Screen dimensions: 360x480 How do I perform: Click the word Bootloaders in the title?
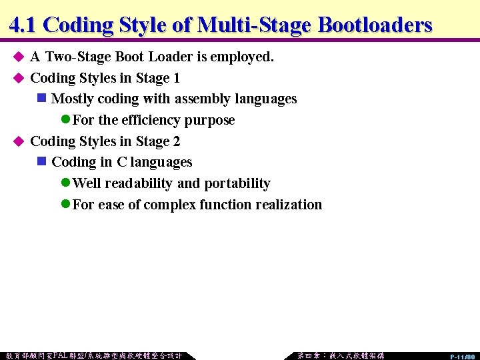tap(375, 25)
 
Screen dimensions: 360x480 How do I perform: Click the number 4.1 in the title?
tap(24, 25)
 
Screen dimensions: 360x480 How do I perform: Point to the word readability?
tap(141, 183)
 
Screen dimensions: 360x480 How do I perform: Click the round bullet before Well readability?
tap(65, 183)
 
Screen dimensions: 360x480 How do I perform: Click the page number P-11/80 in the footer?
tap(462, 357)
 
